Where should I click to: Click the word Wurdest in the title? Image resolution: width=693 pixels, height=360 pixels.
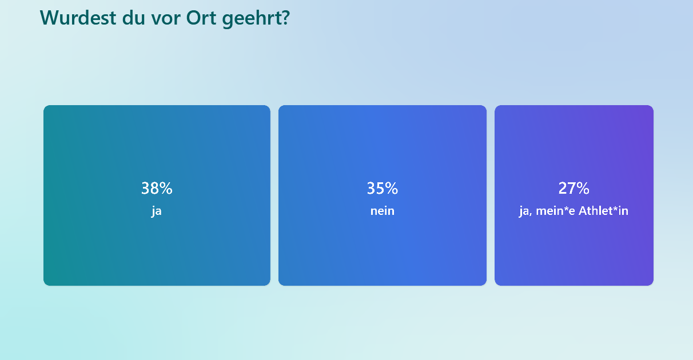point(78,17)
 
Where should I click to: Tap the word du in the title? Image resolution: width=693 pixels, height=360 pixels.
point(134,17)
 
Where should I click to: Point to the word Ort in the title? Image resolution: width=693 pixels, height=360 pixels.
point(201,18)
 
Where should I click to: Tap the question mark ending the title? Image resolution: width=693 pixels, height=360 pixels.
point(285,17)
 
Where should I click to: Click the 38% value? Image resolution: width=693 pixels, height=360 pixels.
point(157,188)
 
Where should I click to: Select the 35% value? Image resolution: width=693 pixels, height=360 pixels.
point(383,188)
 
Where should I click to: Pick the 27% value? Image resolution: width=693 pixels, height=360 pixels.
point(574,188)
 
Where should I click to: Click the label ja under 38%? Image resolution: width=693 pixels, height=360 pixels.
point(157,211)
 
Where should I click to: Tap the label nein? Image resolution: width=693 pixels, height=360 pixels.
point(383,211)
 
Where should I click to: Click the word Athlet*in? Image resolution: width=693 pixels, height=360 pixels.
point(603,211)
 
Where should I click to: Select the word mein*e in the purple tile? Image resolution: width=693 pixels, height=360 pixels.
point(555,211)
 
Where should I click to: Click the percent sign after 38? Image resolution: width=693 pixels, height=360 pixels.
point(166,188)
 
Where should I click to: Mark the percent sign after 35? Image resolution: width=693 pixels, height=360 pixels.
point(392,188)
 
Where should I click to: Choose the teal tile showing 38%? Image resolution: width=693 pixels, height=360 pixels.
point(157,195)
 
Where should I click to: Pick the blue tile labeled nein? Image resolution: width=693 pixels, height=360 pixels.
point(383,195)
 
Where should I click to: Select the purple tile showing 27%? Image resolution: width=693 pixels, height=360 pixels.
point(574,195)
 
